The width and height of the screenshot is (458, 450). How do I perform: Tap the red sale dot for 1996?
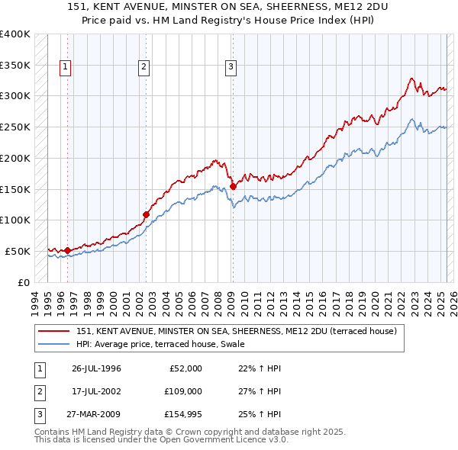click(67, 250)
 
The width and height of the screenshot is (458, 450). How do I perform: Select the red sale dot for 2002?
click(145, 214)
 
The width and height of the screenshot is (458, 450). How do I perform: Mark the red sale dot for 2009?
click(233, 185)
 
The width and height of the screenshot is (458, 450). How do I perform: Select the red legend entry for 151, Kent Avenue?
click(236, 331)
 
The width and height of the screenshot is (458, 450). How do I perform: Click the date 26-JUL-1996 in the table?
click(97, 368)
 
